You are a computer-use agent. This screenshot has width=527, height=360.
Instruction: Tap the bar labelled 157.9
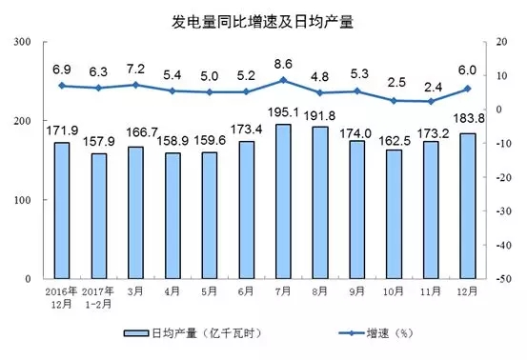[x=97, y=216]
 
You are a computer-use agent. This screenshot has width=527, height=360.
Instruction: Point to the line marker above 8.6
[x=283, y=80]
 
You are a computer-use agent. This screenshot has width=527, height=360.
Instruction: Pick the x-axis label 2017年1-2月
[x=97, y=294]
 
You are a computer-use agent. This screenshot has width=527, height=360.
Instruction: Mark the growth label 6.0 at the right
[x=467, y=70]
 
